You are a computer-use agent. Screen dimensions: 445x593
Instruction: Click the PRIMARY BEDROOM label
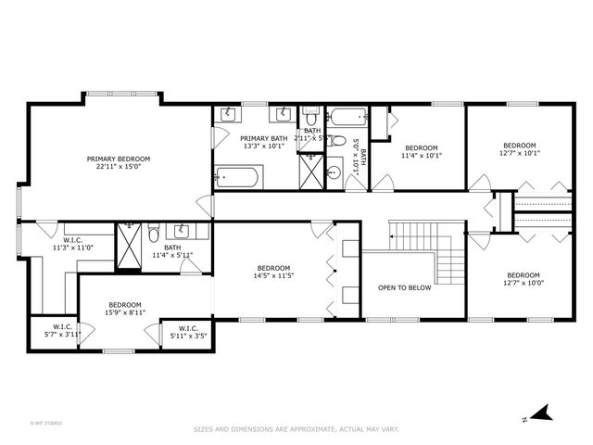[119, 159]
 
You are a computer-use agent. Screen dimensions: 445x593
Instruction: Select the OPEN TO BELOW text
[405, 287]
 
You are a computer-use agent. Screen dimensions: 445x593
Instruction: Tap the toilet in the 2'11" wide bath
[312, 119]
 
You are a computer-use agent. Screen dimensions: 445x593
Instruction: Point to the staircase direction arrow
[393, 237]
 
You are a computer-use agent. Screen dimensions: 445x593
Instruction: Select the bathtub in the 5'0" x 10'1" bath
[348, 118]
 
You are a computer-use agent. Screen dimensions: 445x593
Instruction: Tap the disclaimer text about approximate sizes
[296, 429]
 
